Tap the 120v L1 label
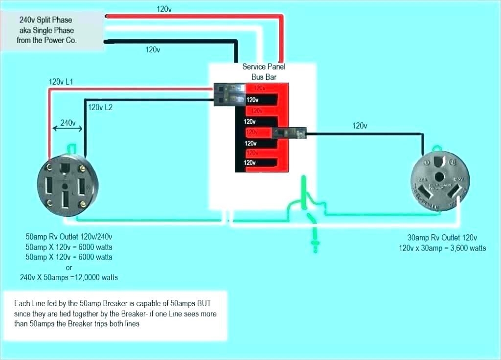[61, 82]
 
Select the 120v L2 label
[100, 107]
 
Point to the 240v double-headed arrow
[68, 128]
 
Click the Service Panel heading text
[264, 67]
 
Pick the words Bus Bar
[264, 77]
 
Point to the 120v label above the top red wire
[164, 9]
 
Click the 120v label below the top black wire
[153, 49]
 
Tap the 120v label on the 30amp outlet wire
[360, 126]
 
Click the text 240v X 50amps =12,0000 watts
[68, 277]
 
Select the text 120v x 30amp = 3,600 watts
[442, 248]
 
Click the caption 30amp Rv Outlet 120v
[442, 238]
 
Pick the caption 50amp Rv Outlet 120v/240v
[68, 236]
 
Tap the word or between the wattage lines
[68, 267]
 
